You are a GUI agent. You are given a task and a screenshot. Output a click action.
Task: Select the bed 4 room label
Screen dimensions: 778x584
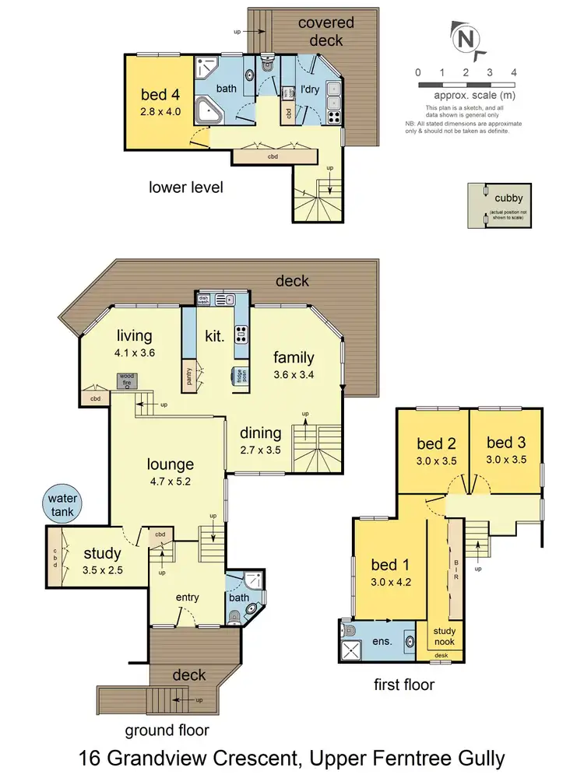coord(160,96)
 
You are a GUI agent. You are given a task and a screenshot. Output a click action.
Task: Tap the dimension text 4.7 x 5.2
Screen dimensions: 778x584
coord(171,481)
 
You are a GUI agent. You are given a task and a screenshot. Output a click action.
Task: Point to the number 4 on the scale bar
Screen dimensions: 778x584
coord(513,72)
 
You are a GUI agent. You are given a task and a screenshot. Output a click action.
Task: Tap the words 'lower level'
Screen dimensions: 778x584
coord(186,187)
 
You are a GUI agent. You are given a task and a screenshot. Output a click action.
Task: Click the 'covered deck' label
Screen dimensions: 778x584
coord(326,30)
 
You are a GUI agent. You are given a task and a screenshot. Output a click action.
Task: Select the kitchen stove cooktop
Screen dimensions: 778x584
coord(241,335)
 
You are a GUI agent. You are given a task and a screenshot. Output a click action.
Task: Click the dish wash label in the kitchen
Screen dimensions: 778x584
coord(202,298)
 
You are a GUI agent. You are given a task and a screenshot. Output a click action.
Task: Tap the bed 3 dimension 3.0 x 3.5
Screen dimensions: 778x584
coord(505,460)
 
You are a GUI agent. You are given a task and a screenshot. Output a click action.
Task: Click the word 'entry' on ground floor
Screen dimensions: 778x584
coord(187,598)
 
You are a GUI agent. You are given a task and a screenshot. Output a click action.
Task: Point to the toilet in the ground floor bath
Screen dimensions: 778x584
coord(235,617)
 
